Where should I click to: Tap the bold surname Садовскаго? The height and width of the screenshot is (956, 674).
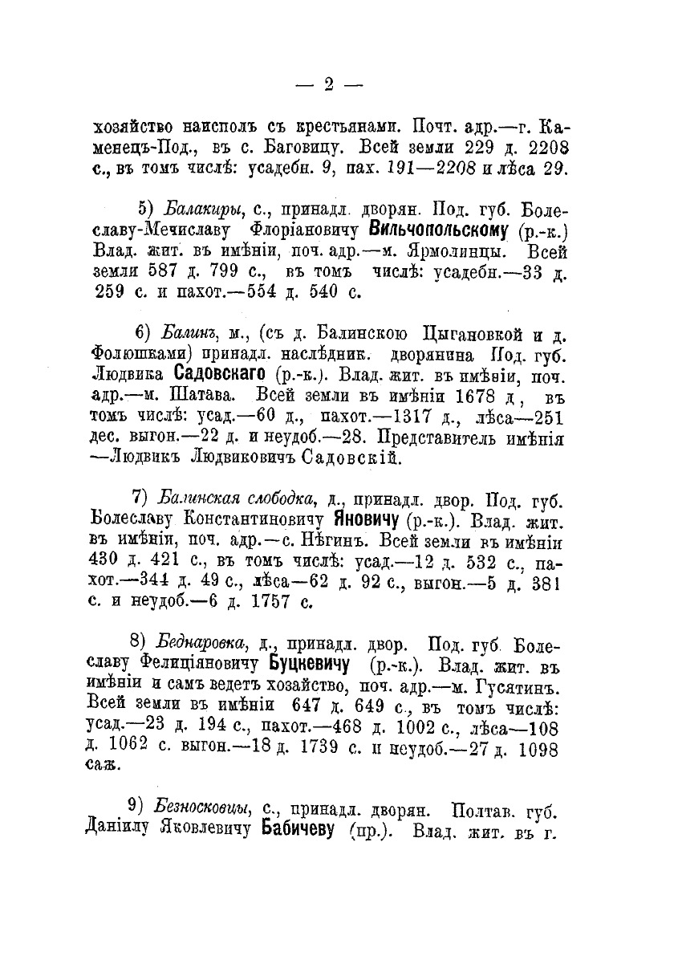tap(221, 374)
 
